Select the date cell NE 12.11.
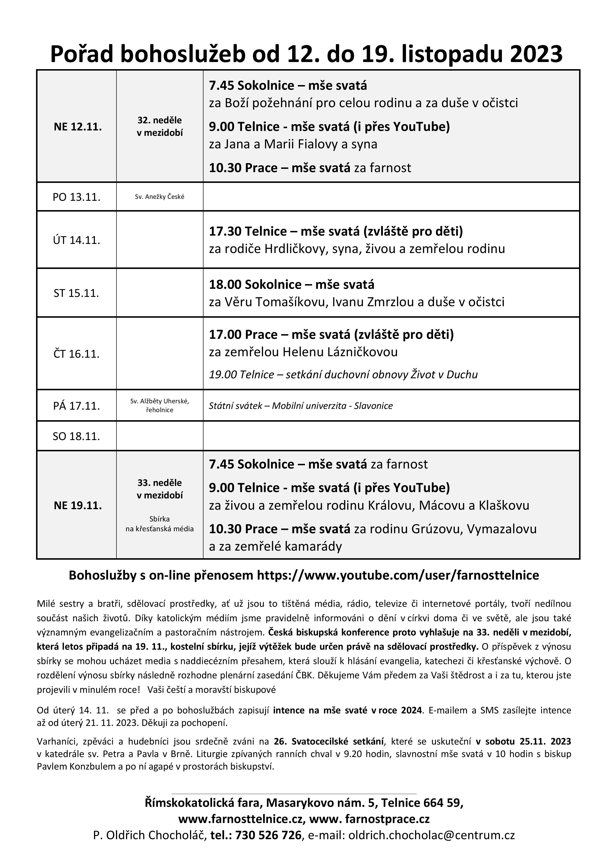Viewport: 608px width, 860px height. click(x=77, y=126)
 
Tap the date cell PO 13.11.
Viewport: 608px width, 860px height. click(x=76, y=197)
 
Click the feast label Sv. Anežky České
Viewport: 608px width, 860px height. click(x=160, y=197)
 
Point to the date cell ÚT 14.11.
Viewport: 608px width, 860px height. click(x=76, y=240)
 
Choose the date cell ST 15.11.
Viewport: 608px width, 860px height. click(x=76, y=293)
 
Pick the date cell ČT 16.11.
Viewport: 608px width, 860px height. click(x=76, y=354)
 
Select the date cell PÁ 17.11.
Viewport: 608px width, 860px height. click(x=76, y=406)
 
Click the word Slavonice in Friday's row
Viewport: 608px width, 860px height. click(x=373, y=406)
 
